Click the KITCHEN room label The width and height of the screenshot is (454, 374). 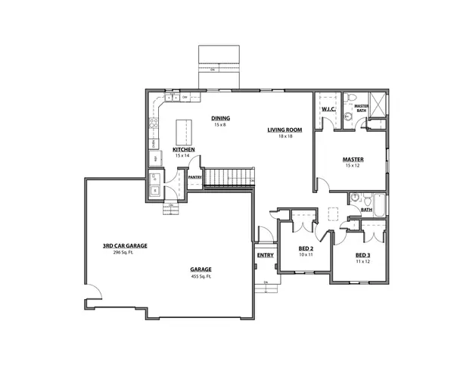pyautogui.click(x=184, y=150)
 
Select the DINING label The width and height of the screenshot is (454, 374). pyautogui.click(x=220, y=118)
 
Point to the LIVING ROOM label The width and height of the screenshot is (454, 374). pyautogui.click(x=285, y=130)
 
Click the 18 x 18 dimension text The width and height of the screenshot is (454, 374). pyautogui.click(x=285, y=136)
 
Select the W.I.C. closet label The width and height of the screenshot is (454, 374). pyautogui.click(x=328, y=109)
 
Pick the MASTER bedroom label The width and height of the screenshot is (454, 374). pyautogui.click(x=353, y=160)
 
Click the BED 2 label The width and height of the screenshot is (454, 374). pyautogui.click(x=306, y=248)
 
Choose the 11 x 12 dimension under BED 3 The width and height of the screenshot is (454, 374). pyautogui.click(x=362, y=261)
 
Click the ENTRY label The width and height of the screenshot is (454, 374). pyautogui.click(x=266, y=256)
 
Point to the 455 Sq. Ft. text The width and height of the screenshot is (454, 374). pyautogui.click(x=201, y=277)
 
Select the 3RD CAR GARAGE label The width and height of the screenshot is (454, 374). pyautogui.click(x=125, y=246)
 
